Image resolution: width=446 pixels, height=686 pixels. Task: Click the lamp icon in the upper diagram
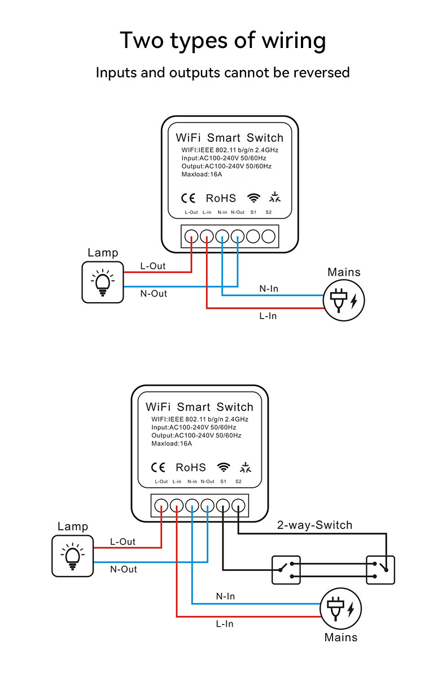(x=102, y=282)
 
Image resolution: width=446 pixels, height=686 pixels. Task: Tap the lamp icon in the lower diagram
(x=72, y=556)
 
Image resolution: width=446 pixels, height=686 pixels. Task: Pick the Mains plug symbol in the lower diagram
(x=341, y=610)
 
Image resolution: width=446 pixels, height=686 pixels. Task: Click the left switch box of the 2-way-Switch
(x=286, y=570)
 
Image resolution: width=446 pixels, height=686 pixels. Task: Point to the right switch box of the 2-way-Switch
(x=381, y=570)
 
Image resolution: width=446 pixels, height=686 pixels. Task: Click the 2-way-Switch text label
(x=314, y=525)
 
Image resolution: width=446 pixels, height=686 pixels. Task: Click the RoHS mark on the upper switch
(x=221, y=198)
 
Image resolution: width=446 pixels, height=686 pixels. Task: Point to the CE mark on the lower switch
(x=158, y=467)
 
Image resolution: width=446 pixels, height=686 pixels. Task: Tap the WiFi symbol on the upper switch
(x=254, y=198)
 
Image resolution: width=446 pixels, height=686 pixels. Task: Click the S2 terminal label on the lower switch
(x=238, y=482)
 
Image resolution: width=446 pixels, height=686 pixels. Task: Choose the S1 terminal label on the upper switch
(x=253, y=212)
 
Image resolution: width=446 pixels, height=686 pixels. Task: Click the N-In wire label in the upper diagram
(x=269, y=289)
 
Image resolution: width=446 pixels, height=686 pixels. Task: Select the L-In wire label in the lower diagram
(x=224, y=623)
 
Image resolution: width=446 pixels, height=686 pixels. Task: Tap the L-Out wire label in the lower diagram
(x=123, y=541)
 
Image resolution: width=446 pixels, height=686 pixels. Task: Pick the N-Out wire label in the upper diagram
(x=154, y=294)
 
